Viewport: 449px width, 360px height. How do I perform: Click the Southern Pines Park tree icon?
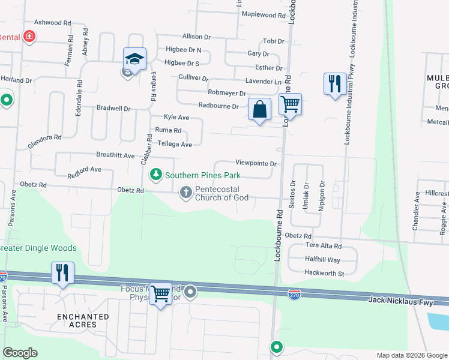pos(156,175)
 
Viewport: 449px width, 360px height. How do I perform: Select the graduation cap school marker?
pos(135,59)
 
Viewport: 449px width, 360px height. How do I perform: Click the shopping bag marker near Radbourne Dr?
pos(259,109)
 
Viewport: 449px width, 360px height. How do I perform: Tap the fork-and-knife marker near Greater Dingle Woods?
pos(62,272)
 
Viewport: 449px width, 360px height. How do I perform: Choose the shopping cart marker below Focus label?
pos(160,294)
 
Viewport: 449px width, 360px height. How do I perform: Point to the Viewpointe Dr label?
pos(255,163)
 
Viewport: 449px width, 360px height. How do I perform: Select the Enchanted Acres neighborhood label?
pos(83,320)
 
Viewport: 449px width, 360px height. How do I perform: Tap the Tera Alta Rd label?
pos(323,246)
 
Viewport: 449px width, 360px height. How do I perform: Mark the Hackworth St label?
pos(324,274)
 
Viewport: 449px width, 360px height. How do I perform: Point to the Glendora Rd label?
pos(44,142)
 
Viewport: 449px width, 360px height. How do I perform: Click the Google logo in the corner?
pos(20,353)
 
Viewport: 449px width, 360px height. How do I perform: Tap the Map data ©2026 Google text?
pos(411,355)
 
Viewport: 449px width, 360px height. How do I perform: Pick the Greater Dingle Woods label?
pos(38,248)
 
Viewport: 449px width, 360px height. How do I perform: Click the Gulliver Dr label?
pos(193,78)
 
